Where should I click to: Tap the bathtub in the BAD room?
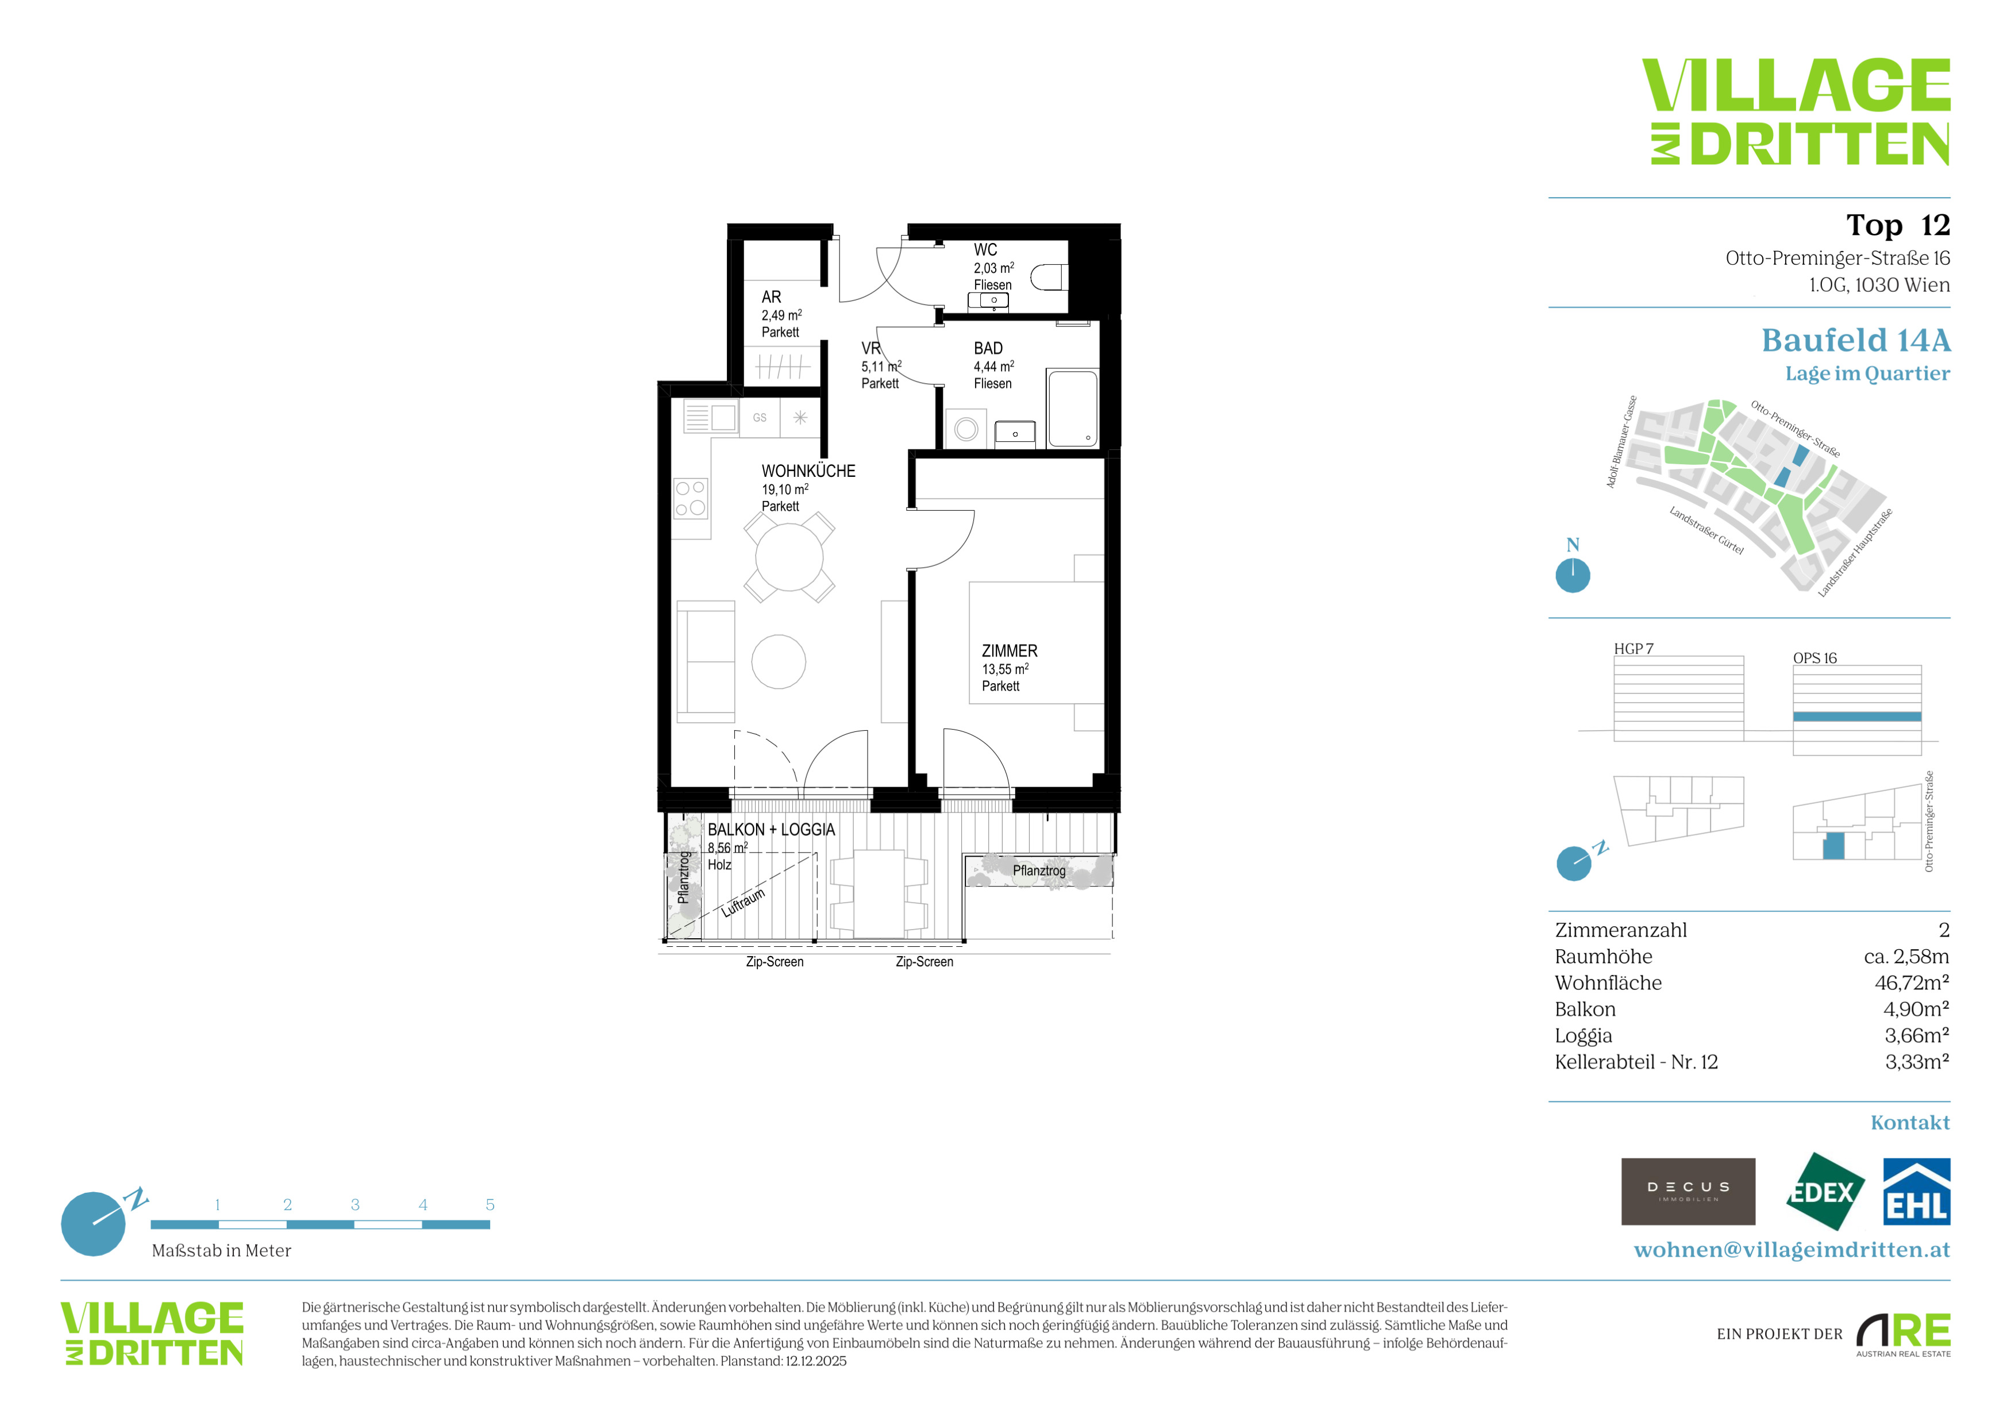[x=1072, y=409]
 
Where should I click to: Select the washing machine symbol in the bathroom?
[x=966, y=429]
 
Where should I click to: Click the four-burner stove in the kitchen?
[x=690, y=498]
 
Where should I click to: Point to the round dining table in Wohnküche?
[x=789, y=557]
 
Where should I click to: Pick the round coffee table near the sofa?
[x=779, y=661]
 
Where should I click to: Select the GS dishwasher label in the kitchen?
[x=760, y=418]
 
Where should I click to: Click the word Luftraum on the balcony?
[x=743, y=902]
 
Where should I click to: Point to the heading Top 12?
[x=1898, y=225]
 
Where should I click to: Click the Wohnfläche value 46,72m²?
[x=1912, y=982]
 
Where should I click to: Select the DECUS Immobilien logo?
[x=1688, y=1192]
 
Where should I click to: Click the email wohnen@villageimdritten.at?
[x=1792, y=1250]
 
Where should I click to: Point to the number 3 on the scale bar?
[x=355, y=1205]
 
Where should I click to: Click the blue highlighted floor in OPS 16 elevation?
[x=1857, y=716]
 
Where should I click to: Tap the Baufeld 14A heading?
[x=1856, y=340]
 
